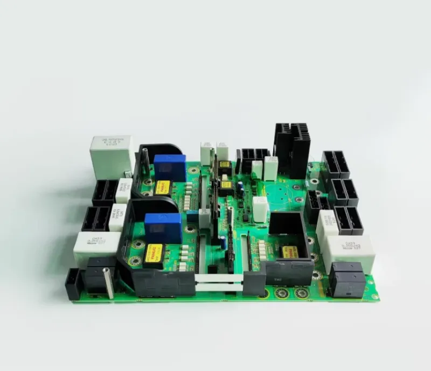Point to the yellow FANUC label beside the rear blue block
coord(162,187)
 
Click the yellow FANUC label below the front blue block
coord(154,253)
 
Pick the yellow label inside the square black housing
coord(290,251)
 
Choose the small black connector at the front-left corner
coord(73,284)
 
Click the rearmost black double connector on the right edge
coord(336,164)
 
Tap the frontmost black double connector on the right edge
coord(348,220)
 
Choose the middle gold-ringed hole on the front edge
coord(282,293)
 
